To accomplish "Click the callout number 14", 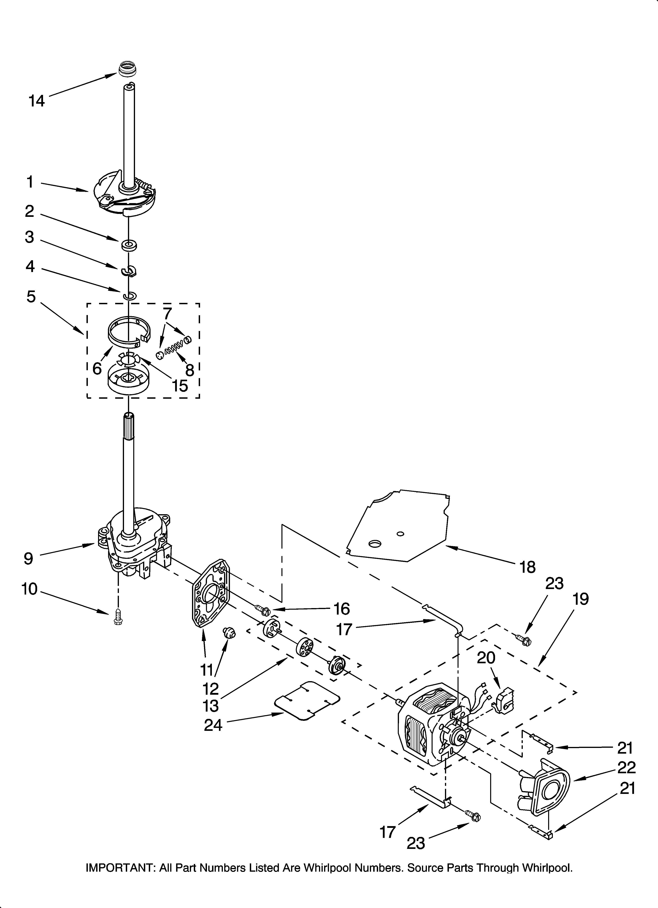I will coord(37,101).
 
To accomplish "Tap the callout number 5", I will coord(31,297).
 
